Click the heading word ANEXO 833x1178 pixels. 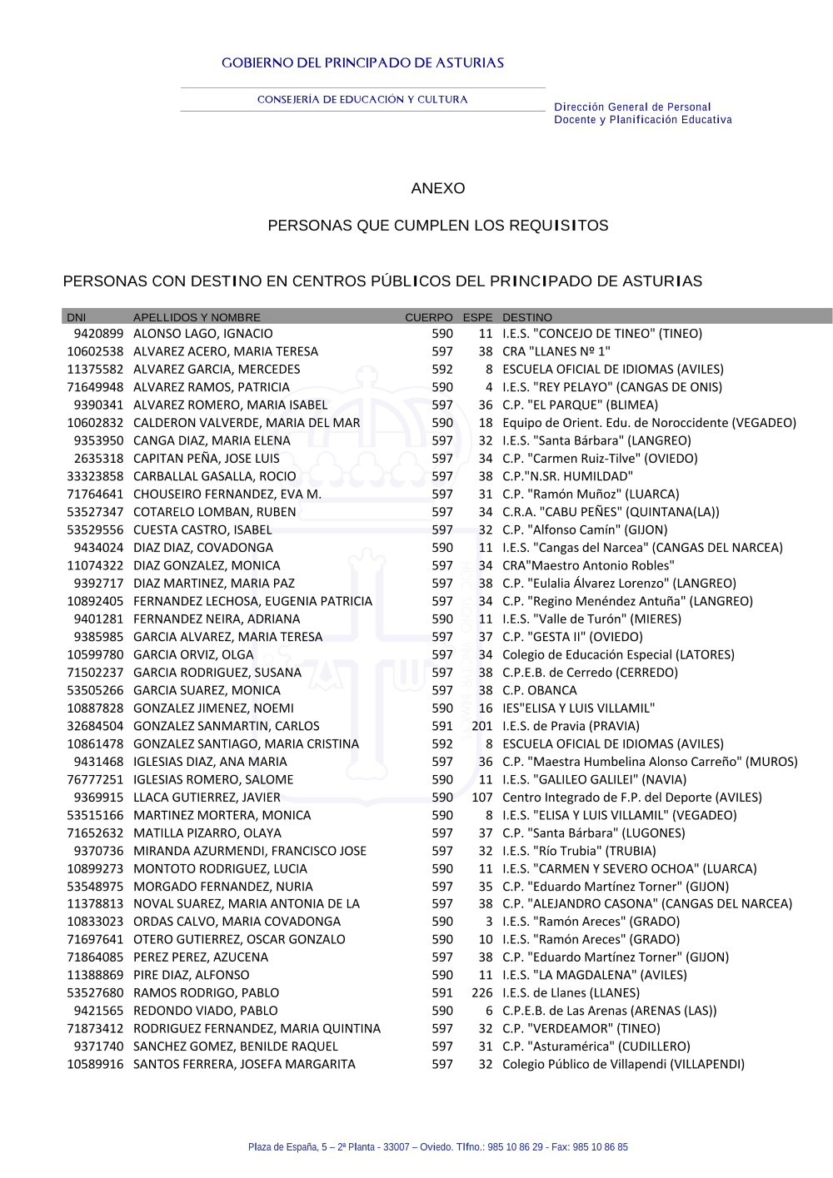point(437,188)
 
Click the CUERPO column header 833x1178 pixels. point(428,317)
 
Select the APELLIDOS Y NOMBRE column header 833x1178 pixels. point(197,317)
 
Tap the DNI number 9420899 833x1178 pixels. point(98,334)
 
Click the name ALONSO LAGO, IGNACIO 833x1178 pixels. point(202,334)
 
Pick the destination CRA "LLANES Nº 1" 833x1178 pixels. point(556,351)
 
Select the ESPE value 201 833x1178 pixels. point(481,726)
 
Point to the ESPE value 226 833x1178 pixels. point(481,993)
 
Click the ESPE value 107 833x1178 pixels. point(481,798)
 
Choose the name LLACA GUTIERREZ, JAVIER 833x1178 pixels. point(207,798)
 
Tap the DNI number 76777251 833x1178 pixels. point(95,780)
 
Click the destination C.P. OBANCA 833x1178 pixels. point(539,691)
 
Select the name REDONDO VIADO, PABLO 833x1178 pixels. point(205,1011)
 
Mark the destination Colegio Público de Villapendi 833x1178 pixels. point(623,1064)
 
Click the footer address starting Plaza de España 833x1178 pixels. point(437,1147)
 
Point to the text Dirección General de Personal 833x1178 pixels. point(632,107)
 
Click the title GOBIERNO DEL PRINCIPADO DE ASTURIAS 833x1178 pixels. point(362,63)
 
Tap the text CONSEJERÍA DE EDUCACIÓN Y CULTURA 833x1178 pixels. point(362,100)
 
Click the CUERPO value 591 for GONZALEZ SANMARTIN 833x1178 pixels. point(442,726)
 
